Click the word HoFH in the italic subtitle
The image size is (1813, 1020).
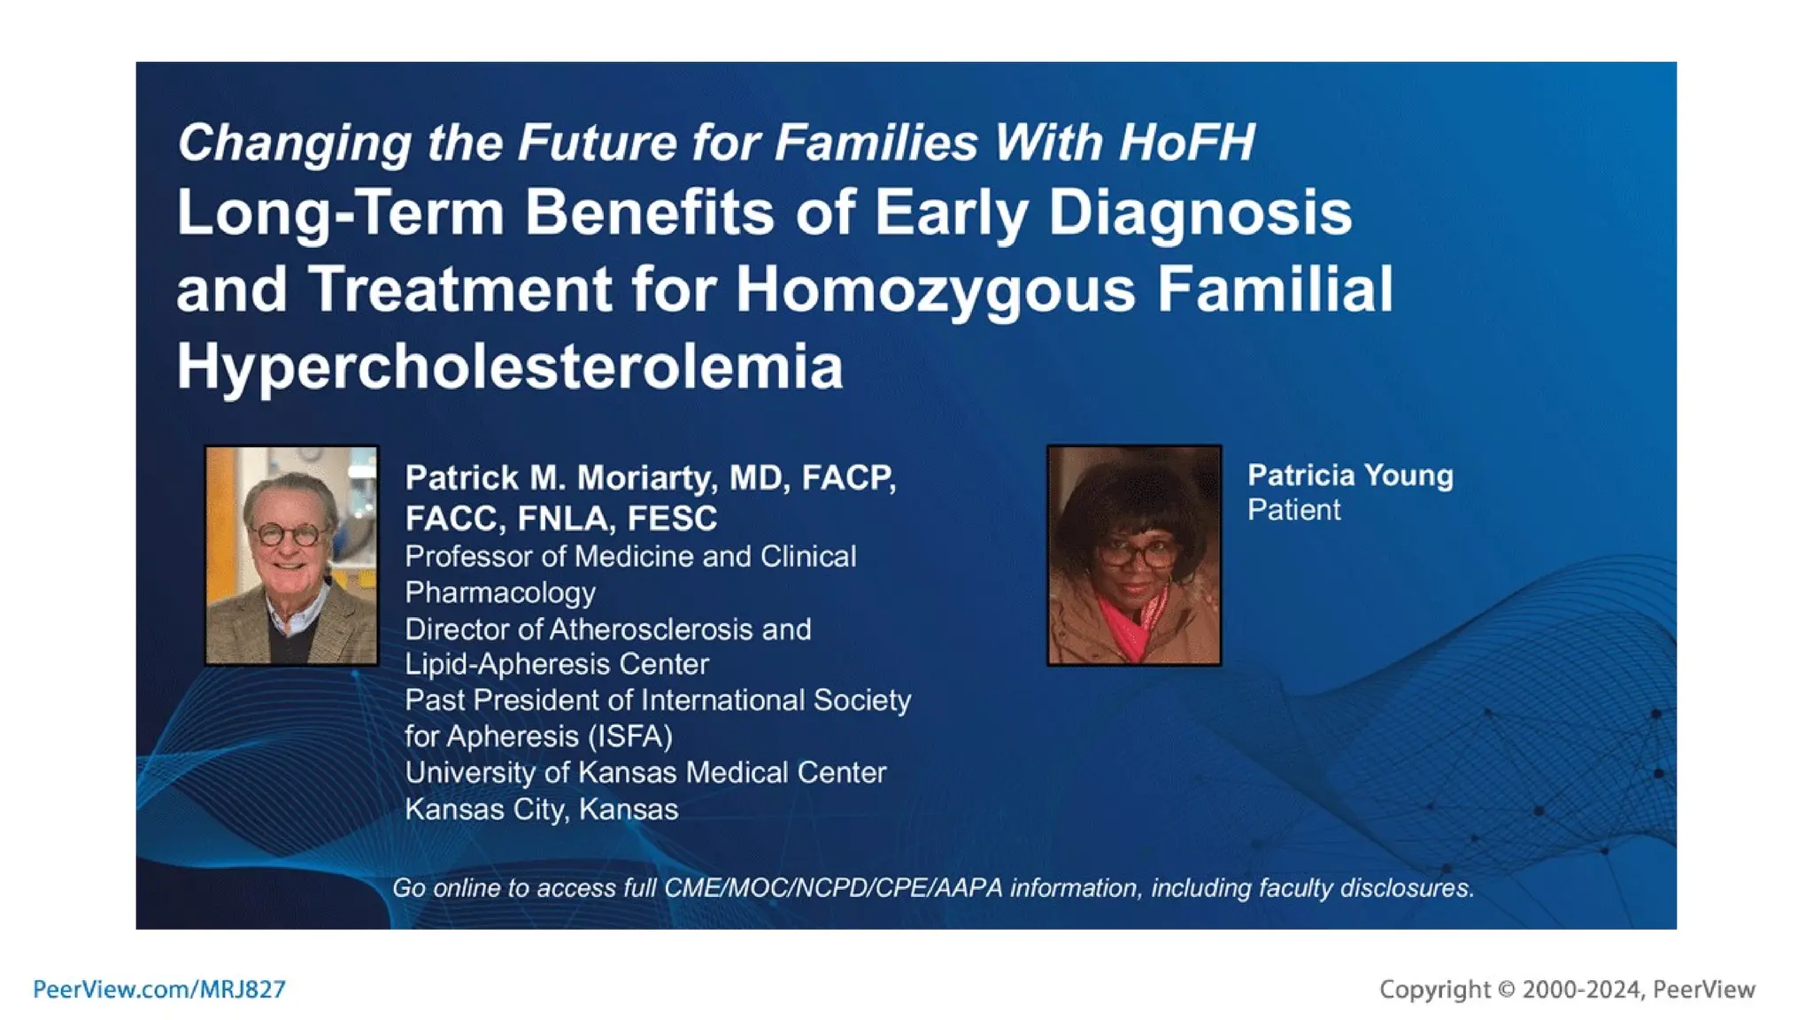[x=1186, y=143]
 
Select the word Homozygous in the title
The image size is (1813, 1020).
[x=935, y=290]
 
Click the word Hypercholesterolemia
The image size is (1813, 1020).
[x=509, y=367]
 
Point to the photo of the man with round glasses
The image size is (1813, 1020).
[x=291, y=555]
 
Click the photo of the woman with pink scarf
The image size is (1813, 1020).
[x=1134, y=555]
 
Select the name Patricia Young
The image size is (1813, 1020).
[x=1349, y=475]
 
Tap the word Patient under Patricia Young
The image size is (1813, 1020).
[x=1293, y=510]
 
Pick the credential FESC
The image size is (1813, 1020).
[x=672, y=519]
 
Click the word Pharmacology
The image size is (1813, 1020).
[x=500, y=592]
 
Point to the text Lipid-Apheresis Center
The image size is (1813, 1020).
[x=557, y=664]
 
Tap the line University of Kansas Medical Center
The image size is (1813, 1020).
[x=645, y=773]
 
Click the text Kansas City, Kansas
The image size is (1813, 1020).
[x=541, y=809]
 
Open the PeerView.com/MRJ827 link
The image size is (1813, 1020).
[x=159, y=989]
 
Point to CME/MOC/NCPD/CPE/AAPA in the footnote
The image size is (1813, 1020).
[x=833, y=888]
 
